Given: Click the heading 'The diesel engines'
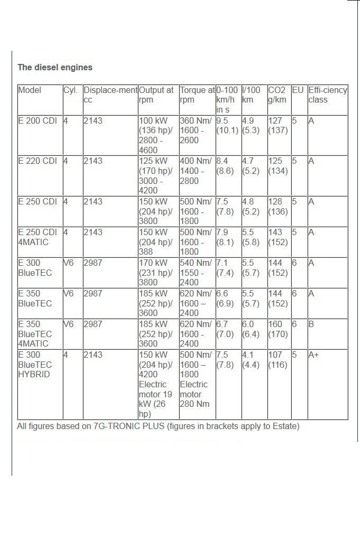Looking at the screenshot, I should tap(55, 68).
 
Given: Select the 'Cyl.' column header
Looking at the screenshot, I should tap(70, 90).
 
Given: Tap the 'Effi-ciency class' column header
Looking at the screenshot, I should tap(327, 95).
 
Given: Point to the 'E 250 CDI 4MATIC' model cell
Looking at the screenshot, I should tap(38, 237).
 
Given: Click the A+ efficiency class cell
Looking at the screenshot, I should tap(313, 356).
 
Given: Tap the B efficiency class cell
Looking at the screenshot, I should tap(311, 324).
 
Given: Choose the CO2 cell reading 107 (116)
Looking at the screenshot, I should tap(278, 360).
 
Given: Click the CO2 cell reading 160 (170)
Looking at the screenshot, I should tap(278, 329).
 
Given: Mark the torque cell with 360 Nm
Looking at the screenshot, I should tap(196, 131).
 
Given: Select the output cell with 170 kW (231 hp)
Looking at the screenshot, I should tap(157, 272).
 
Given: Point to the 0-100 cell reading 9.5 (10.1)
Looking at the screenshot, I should tap(227, 126).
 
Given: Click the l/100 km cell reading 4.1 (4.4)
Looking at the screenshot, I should tap(251, 360).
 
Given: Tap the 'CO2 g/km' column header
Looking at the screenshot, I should tap(278, 95).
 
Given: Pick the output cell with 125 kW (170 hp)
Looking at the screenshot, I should tap(157, 175).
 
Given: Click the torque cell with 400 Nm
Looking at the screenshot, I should tap(196, 171).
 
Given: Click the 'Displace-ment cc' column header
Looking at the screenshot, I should tap(110, 95).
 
